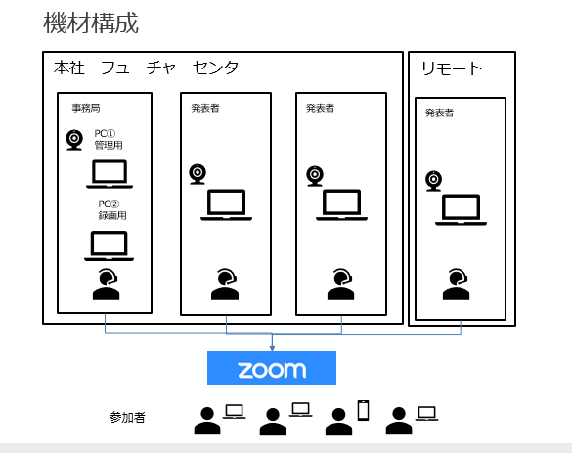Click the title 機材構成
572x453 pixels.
[x=91, y=23]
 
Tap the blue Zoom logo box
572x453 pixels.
[x=272, y=368]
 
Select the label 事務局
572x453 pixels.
[x=86, y=108]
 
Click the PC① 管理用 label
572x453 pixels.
[x=109, y=140]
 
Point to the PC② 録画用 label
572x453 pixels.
[x=112, y=210]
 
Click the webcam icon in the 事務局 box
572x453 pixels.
[x=74, y=140]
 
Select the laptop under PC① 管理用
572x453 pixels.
[x=110, y=174]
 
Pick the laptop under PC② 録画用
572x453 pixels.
[x=110, y=246]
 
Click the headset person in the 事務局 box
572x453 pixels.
[x=107, y=285]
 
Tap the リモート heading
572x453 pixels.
[x=452, y=68]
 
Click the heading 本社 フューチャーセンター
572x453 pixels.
[x=154, y=68]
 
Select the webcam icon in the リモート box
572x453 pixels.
[x=434, y=181]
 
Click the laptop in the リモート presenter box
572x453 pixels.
[x=461, y=210]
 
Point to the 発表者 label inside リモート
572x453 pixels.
[x=440, y=113]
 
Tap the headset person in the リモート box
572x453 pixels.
[x=456, y=285]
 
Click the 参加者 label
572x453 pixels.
[x=128, y=417]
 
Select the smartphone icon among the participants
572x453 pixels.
[x=363, y=410]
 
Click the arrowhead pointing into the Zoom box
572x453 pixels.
[x=272, y=348]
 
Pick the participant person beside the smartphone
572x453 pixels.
[x=339, y=422]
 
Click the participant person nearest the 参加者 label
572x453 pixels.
[x=207, y=421]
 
